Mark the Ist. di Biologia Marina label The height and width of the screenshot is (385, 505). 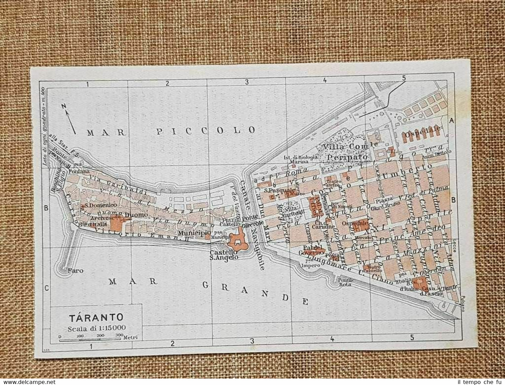coord(301,159)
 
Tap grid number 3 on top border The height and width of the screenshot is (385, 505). coord(247,82)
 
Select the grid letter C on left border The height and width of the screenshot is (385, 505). coord(46,288)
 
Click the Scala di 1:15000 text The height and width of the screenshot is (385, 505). coord(97,328)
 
